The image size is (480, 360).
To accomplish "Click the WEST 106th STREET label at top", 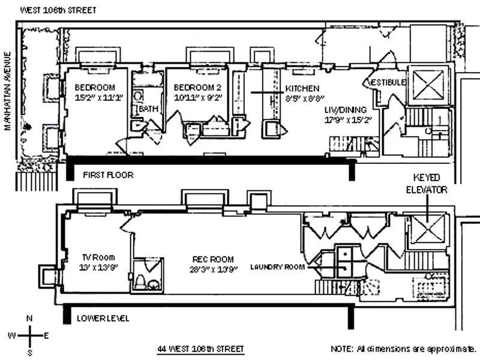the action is [58, 10].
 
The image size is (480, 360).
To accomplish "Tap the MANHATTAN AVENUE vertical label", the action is [8, 91].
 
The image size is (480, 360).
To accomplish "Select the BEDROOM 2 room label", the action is [197, 88].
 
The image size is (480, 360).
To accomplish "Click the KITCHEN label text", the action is [302, 88].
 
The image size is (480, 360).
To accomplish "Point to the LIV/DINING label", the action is [346, 110].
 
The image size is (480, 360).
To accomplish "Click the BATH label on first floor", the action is [149, 109].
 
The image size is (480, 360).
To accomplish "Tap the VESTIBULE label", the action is [388, 82].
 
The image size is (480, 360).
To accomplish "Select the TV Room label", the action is [98, 257].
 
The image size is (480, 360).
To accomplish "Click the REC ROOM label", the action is [213, 259].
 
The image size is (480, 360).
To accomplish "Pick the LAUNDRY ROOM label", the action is [278, 267].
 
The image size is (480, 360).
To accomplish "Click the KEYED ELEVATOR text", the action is [427, 184].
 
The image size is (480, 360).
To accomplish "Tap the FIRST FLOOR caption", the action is [109, 175].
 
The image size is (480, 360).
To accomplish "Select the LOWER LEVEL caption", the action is [103, 319].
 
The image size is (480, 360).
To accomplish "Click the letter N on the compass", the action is [29, 319].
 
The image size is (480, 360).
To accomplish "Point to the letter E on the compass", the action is [46, 336].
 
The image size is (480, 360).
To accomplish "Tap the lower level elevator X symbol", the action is [427, 228].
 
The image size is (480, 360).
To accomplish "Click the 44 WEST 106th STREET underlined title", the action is [201, 349].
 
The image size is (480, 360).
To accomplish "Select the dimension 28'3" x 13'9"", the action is [214, 269].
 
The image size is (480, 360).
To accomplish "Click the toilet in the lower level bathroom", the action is [140, 281].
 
